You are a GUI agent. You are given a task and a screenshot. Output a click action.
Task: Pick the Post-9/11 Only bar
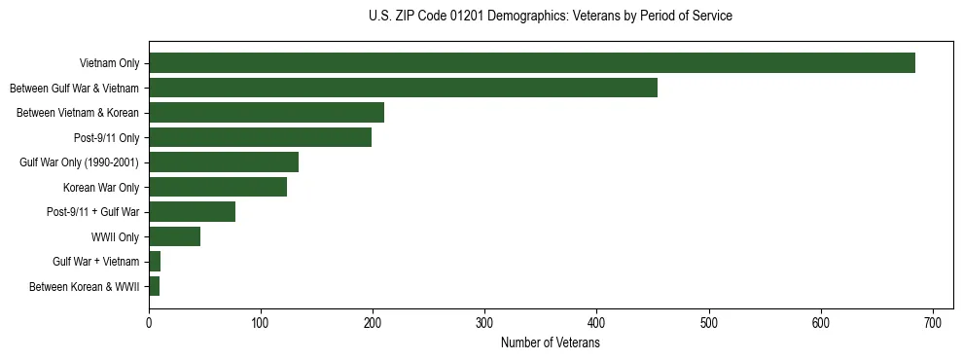(260, 137)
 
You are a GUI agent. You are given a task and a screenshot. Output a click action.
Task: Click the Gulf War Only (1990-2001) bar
(224, 162)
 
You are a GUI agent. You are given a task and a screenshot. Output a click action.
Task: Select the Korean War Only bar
(218, 187)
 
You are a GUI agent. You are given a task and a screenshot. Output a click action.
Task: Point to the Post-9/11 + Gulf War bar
(192, 212)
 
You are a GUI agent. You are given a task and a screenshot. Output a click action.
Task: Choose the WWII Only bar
(174, 236)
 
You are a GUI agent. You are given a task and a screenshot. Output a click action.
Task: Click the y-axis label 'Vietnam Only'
(109, 63)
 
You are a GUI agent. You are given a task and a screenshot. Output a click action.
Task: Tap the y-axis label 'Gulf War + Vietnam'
(96, 262)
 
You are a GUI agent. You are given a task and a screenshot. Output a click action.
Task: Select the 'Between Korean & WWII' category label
(85, 286)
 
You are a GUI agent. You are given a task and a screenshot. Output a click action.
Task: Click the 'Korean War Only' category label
(101, 187)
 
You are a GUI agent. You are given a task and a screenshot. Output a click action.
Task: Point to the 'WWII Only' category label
(115, 236)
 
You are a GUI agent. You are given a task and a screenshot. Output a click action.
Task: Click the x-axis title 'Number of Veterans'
(550, 343)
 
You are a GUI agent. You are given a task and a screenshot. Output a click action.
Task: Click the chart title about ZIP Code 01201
(550, 16)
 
